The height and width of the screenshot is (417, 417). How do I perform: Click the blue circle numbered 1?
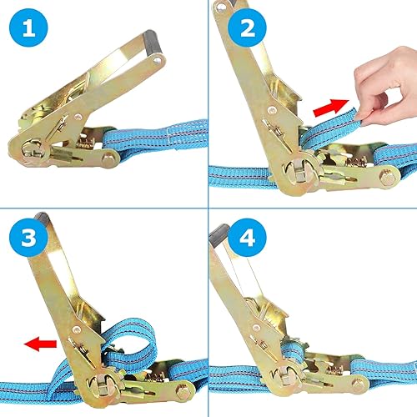(x=28, y=28)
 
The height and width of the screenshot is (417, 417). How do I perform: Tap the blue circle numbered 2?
(x=247, y=28)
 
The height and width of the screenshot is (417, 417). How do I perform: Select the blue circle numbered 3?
(x=28, y=237)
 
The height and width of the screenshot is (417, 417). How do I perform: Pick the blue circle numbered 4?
(x=247, y=237)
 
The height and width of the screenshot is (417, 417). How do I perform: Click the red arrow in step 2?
(x=331, y=108)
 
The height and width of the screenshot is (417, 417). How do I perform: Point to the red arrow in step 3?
(x=40, y=344)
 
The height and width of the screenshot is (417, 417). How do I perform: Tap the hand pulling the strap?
(x=386, y=86)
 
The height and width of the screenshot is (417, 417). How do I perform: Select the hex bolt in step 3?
(x=182, y=391)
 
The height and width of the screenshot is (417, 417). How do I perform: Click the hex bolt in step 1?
(x=108, y=158)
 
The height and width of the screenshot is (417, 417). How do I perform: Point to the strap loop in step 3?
(x=131, y=344)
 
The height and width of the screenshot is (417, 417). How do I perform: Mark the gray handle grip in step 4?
(x=219, y=235)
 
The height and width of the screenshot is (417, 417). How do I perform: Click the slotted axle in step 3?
(x=103, y=385)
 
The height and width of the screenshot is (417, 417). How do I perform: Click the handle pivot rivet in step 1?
(x=78, y=117)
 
